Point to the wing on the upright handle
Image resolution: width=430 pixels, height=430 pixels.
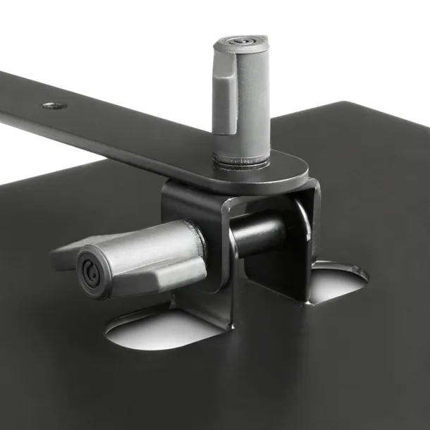tap(225, 106)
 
